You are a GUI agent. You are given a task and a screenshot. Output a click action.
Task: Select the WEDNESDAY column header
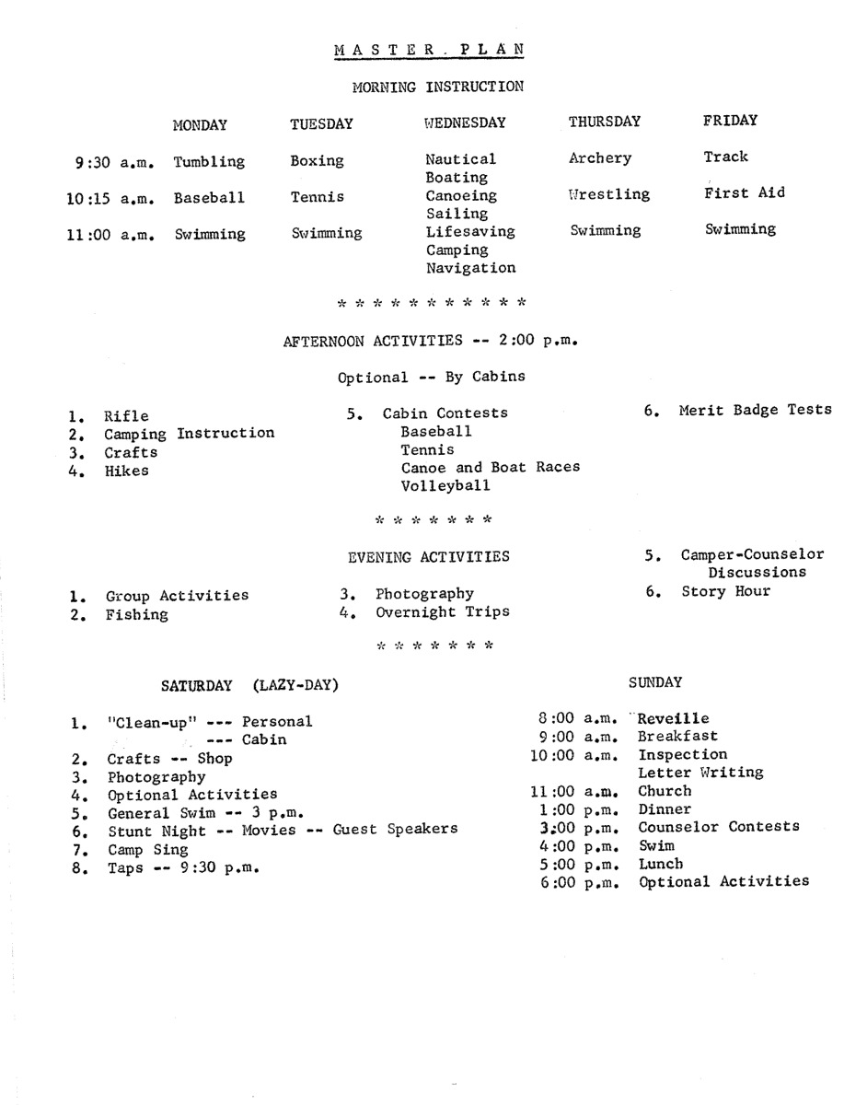click(466, 122)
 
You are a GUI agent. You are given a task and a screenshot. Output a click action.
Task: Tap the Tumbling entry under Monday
click(209, 162)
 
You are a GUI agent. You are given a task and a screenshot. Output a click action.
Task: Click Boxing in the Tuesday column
click(317, 161)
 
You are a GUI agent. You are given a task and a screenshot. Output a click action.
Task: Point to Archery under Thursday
click(600, 158)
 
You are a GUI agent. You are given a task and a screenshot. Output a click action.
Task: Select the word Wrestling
click(609, 194)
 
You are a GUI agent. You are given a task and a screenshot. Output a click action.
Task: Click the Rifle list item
click(126, 416)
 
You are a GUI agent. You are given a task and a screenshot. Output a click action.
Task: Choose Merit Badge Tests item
click(755, 411)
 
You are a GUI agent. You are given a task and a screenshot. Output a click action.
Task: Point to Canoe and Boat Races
click(491, 467)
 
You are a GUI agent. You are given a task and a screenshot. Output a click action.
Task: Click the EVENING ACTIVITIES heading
click(428, 556)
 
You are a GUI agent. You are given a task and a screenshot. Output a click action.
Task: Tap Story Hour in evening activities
click(725, 591)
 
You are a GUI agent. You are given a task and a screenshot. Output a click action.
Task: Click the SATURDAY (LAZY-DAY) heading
click(249, 685)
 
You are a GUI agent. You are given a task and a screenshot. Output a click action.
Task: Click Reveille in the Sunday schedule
click(673, 718)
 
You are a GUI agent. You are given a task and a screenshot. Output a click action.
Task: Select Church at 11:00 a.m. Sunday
click(665, 791)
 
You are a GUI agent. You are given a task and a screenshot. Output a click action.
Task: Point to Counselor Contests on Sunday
click(718, 827)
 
